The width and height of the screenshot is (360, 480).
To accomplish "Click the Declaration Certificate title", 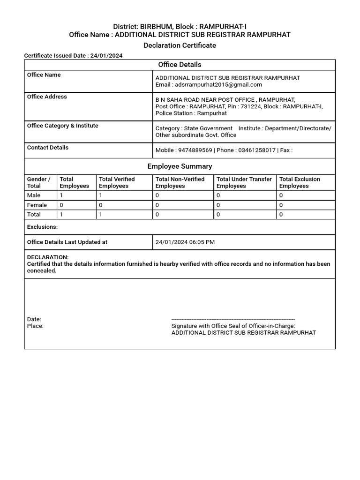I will [x=180, y=45].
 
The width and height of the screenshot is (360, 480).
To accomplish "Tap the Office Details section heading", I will [x=180, y=65].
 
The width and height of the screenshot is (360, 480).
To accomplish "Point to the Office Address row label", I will [x=47, y=97].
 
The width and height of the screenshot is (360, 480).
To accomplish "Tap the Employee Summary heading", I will [x=180, y=166].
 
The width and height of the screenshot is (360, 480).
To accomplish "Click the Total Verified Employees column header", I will [x=117, y=182].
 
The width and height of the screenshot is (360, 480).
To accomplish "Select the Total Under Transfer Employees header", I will [x=244, y=182].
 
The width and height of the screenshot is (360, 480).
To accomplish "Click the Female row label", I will [x=37, y=205].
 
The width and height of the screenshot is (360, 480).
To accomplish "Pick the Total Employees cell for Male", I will [x=61, y=195].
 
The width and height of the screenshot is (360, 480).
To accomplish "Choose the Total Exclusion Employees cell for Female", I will [x=281, y=205].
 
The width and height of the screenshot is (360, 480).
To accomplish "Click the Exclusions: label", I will [x=42, y=227].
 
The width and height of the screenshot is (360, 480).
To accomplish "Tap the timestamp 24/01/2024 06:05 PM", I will [x=185, y=242].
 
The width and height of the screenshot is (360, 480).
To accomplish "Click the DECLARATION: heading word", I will [x=48, y=257].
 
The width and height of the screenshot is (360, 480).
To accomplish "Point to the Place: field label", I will [x=35, y=326].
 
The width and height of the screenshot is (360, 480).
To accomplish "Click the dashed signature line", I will [x=233, y=319].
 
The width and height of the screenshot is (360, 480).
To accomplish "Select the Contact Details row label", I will [x=48, y=147].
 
